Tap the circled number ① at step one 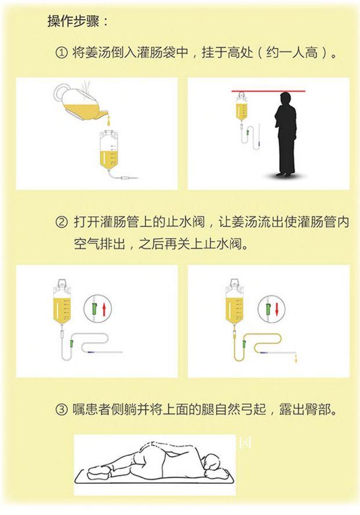61,54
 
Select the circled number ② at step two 61,222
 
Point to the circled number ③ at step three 61,410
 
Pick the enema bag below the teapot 110,150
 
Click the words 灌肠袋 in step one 158,54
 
